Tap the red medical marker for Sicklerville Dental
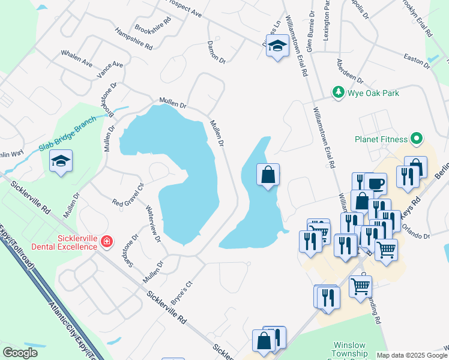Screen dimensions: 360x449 pyautogui.click(x=107, y=241)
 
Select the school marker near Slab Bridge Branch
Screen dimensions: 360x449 pyautogui.click(x=61, y=161)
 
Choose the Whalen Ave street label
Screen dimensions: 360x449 pyautogui.click(x=76, y=58)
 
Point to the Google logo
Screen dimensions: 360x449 pyautogui.click(x=20, y=353)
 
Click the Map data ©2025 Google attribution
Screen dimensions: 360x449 pyautogui.click(x=412, y=355)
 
